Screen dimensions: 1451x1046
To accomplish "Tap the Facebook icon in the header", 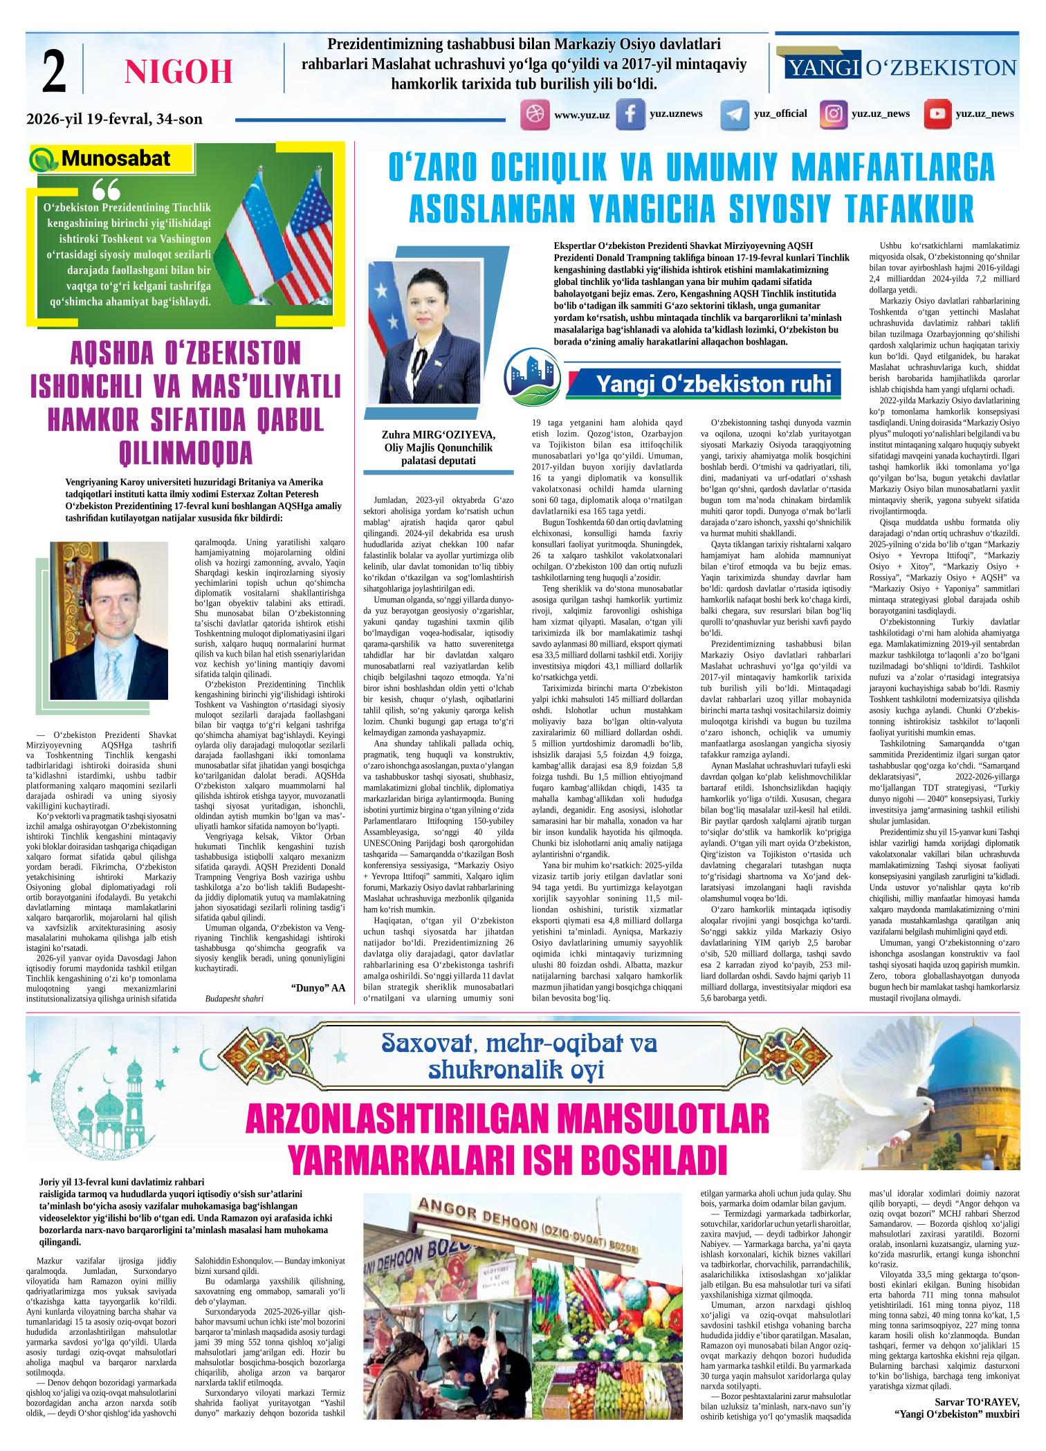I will tap(630, 115).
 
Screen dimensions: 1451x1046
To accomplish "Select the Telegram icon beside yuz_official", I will tap(735, 115).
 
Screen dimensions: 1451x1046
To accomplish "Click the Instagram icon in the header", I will tap(834, 114).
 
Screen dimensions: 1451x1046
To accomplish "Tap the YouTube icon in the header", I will tap(937, 115).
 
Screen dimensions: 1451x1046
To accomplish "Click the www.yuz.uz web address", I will tap(582, 115).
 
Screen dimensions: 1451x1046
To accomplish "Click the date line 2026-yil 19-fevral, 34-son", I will tap(115, 119).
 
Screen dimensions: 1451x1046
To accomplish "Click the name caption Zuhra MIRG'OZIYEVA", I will tap(439, 435).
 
